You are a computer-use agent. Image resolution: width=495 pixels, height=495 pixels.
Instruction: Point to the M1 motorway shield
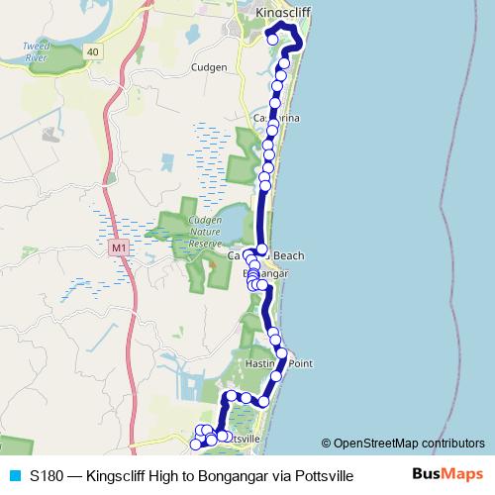coord(119,247)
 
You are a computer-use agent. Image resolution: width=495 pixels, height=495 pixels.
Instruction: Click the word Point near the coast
coord(300,363)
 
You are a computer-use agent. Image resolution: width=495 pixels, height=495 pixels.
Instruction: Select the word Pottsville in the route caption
coord(319,475)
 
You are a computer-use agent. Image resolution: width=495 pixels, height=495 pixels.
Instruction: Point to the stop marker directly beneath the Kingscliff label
coord(272,40)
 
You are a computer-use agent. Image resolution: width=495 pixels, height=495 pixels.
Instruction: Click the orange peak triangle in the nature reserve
coord(211,265)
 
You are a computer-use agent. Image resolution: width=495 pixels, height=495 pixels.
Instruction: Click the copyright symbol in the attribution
coord(327,444)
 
